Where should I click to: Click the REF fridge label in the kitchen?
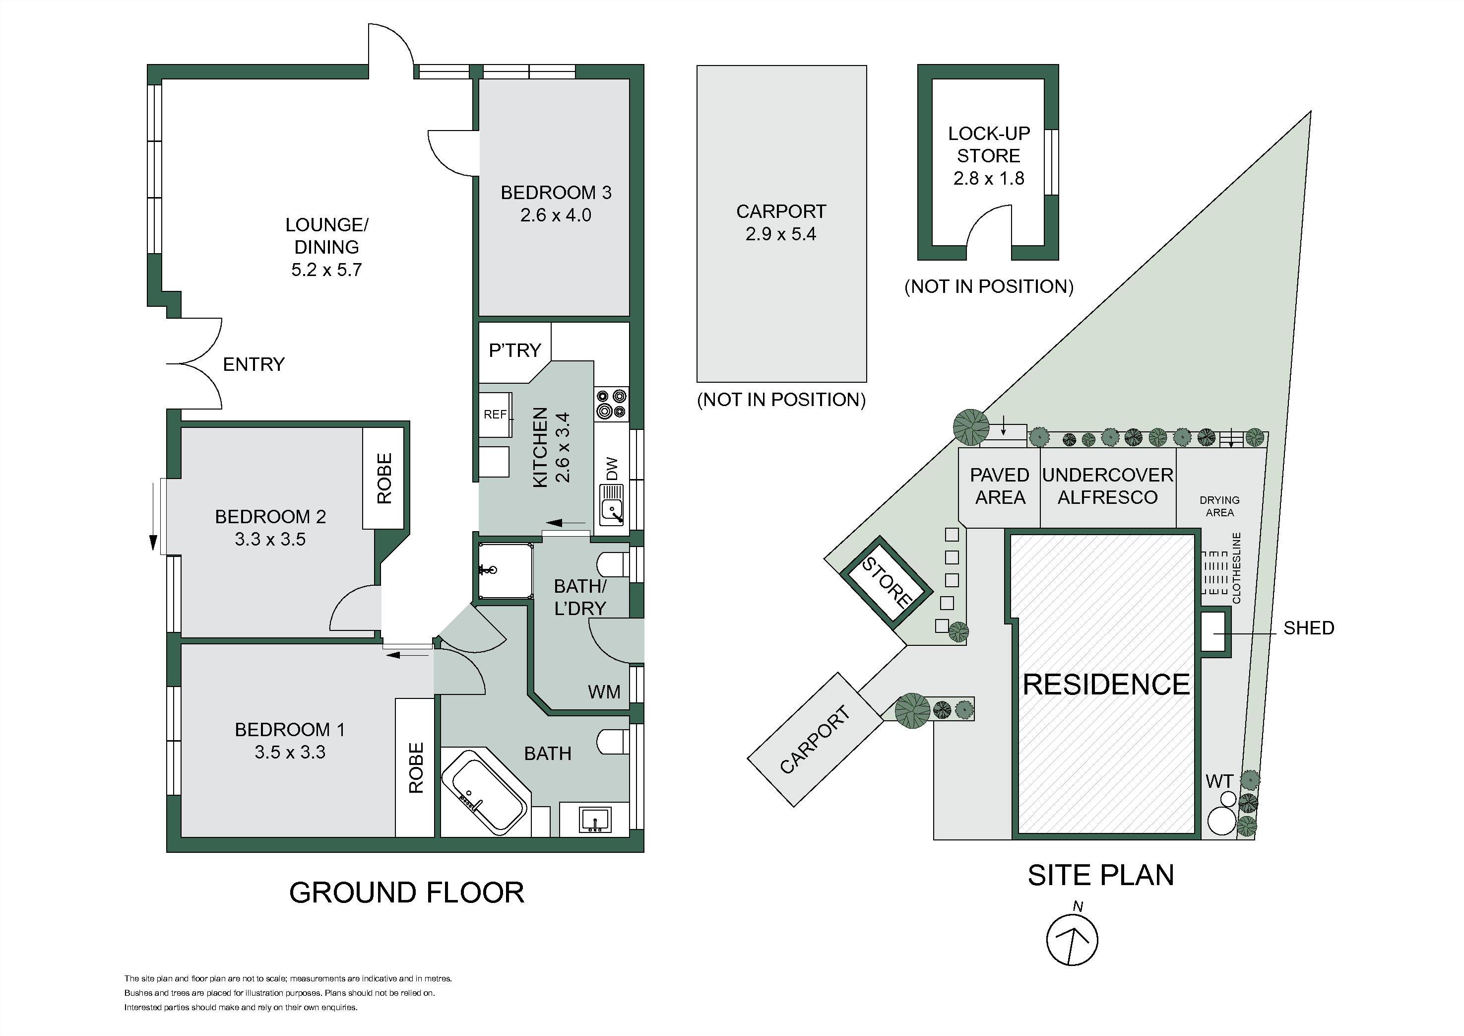(495, 414)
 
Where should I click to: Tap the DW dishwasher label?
(612, 469)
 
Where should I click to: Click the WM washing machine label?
(604, 691)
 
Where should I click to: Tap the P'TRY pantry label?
(514, 350)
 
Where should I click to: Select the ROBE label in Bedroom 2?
(384, 479)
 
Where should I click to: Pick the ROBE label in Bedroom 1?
(416, 767)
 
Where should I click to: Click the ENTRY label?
(254, 364)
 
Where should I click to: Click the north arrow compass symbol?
(1073, 939)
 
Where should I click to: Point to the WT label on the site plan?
(1219, 781)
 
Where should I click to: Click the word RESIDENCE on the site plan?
(1106, 685)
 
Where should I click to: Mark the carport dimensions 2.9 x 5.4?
(781, 234)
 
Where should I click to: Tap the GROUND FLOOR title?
(407, 893)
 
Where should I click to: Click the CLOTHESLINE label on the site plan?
(1237, 568)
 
